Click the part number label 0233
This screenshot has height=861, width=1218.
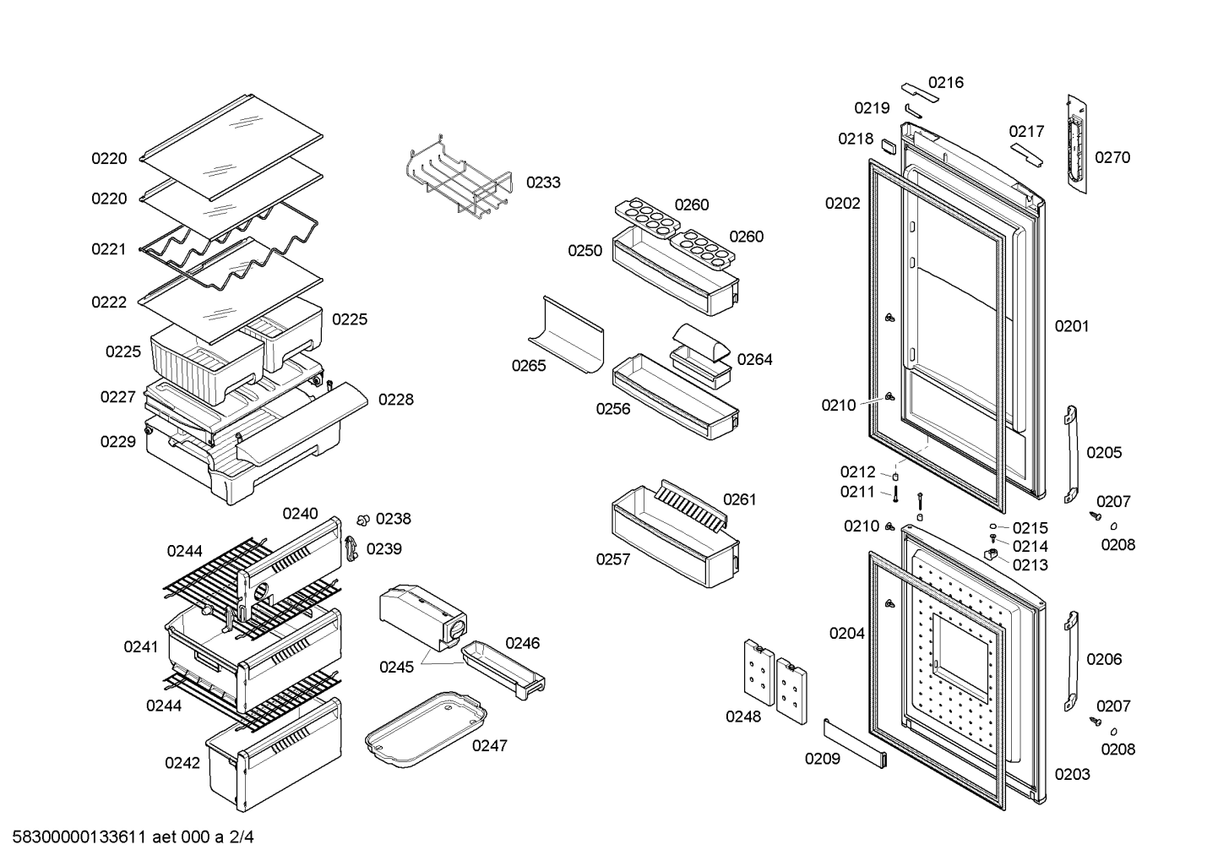click(542, 183)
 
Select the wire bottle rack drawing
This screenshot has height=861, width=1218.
click(458, 177)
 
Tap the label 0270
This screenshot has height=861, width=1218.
click(1112, 158)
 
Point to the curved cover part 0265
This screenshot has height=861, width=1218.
click(566, 334)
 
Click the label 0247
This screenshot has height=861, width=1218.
click(489, 746)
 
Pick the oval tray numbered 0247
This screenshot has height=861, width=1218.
click(427, 730)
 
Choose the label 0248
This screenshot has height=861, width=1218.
click(743, 717)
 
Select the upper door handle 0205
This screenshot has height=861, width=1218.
click(1071, 455)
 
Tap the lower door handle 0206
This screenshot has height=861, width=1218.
click(1071, 661)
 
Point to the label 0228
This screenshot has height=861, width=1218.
click(396, 400)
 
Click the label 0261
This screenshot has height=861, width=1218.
click(740, 499)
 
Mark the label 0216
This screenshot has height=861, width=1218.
click(945, 83)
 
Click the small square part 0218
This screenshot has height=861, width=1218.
click(889, 147)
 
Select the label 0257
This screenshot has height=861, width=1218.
click(613, 559)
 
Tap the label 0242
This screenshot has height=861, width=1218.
click(182, 763)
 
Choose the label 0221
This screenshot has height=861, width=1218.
click(108, 249)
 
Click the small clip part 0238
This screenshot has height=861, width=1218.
click(362, 520)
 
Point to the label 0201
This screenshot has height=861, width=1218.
click(1072, 326)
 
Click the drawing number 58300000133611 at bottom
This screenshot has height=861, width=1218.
click(79, 837)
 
